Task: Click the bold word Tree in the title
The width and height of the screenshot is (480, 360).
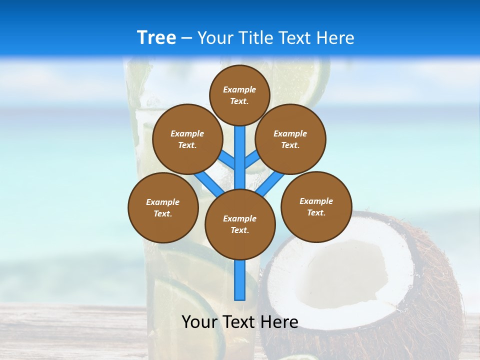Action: point(156,37)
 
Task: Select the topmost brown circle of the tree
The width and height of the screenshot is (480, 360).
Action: point(239,95)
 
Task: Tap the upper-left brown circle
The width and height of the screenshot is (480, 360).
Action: point(187,139)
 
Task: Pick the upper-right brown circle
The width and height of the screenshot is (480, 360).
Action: point(290,139)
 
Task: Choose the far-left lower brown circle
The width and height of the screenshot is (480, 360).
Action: point(163,207)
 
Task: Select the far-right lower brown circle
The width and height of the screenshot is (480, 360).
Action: point(316,206)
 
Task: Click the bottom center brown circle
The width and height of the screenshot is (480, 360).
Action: point(240,224)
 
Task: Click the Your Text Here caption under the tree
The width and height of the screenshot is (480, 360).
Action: point(239,322)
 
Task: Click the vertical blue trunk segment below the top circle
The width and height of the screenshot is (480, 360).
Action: point(240,150)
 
